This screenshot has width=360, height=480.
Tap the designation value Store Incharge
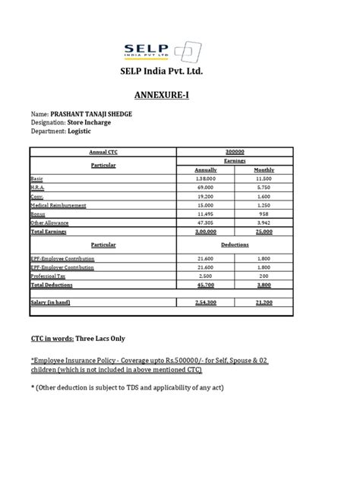point(99,122)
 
